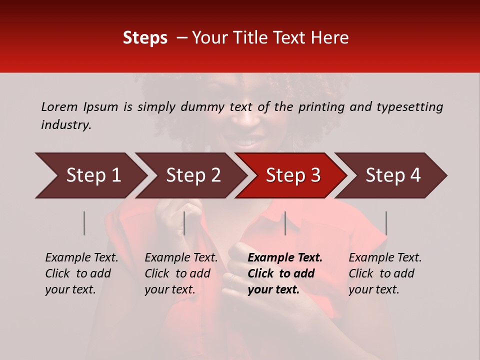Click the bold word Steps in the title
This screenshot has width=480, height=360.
(145, 38)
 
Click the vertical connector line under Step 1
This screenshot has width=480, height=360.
(84, 223)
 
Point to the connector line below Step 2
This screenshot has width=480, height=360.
(184, 223)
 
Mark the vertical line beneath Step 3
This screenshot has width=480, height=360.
(285, 223)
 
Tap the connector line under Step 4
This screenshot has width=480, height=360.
(386, 223)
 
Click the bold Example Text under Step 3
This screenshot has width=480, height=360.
(285, 258)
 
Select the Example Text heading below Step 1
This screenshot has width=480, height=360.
(81, 258)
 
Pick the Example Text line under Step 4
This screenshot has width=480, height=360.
(385, 258)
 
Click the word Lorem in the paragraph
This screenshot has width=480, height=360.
(59, 107)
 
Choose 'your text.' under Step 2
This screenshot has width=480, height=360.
(170, 289)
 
